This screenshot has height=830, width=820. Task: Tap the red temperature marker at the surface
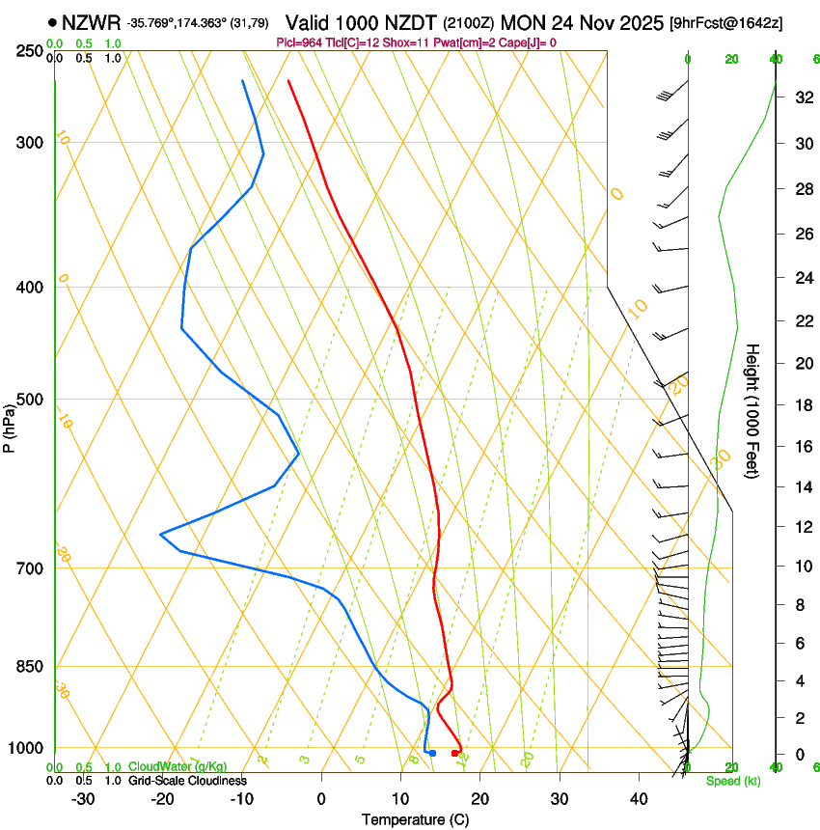(x=455, y=753)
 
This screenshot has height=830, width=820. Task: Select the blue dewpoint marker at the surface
(x=433, y=753)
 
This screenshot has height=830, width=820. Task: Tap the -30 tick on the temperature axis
(x=83, y=798)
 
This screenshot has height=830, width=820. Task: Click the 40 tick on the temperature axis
(x=638, y=798)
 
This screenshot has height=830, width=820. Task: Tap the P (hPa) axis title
(x=10, y=425)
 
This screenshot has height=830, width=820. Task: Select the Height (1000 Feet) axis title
(x=753, y=411)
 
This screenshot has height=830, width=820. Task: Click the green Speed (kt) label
(x=732, y=781)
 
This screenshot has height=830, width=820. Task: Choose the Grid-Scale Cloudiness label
(x=187, y=780)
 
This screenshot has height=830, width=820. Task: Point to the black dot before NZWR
(x=52, y=20)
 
